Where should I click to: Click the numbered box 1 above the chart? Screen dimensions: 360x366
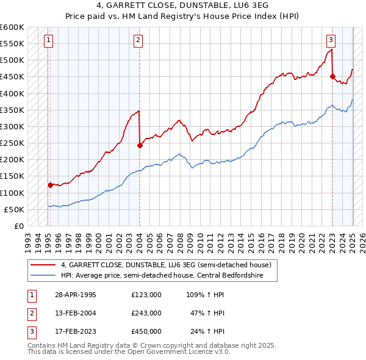point(48,41)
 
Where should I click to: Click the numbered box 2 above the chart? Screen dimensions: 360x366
point(138,41)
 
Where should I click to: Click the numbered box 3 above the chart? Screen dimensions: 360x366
point(331,41)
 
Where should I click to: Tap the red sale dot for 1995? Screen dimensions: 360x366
point(50,185)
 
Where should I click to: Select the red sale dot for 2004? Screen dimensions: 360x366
point(140,145)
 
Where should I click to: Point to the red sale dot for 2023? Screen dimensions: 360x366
point(332,77)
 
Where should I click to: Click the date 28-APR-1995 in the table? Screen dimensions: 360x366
point(74,295)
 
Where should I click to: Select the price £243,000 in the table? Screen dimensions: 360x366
point(146,313)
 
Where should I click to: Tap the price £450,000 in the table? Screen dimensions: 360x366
point(146,331)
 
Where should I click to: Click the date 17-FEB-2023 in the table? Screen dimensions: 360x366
point(74,331)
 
